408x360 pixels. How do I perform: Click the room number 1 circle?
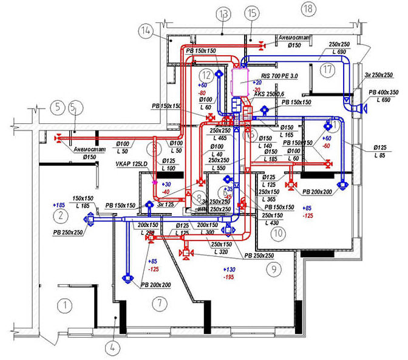pos(61,302)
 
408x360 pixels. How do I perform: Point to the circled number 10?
pos(277,231)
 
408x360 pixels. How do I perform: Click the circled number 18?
pos(308,8)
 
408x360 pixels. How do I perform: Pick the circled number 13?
pos(224,13)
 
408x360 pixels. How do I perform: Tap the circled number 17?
pos(328,70)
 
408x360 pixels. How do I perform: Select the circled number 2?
pos(59,216)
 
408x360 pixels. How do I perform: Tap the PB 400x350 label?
pos(382,92)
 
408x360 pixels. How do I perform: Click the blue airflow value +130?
pos(228,269)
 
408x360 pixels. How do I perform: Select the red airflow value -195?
pos(228,277)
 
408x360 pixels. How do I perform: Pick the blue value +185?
pos(59,205)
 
